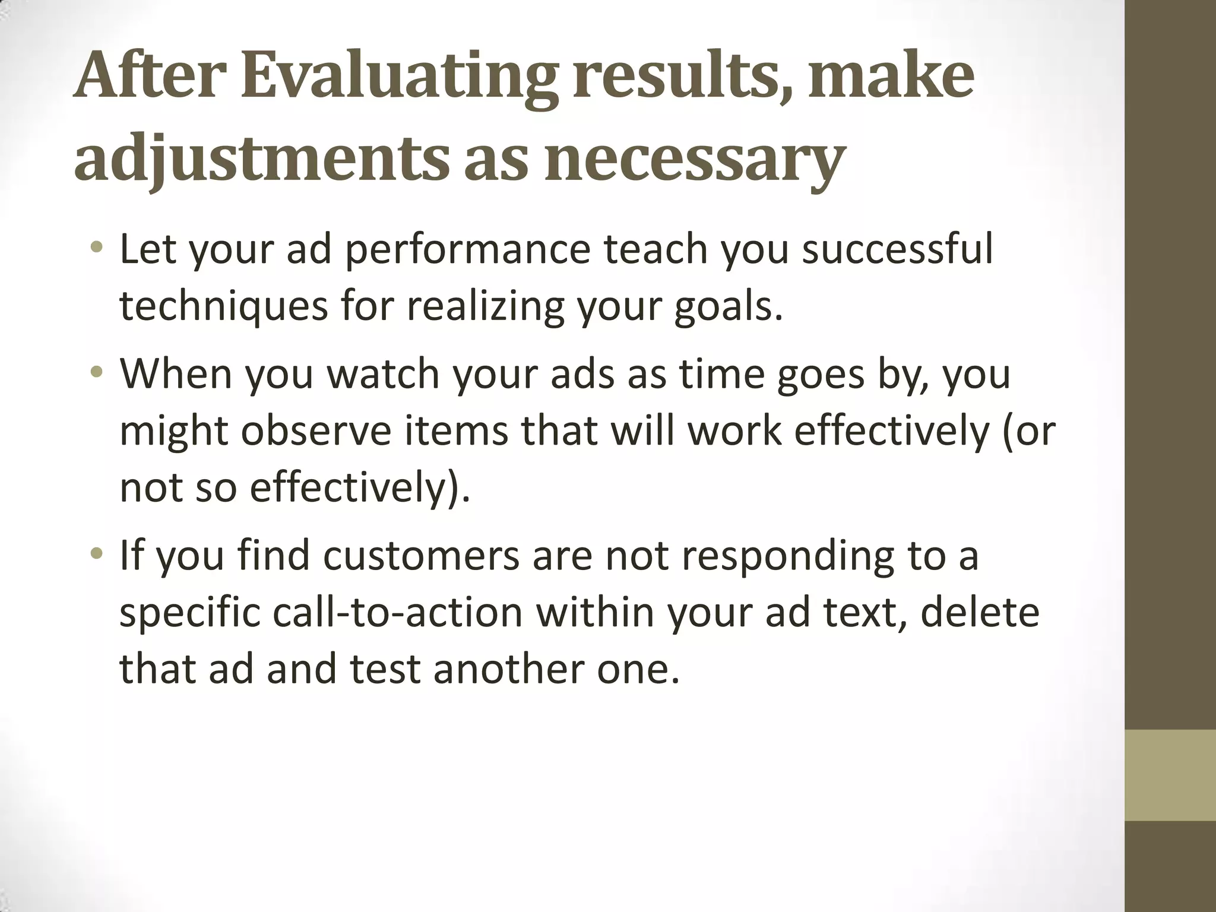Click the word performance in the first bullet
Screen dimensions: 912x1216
[467, 251]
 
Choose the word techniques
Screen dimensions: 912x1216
[223, 308]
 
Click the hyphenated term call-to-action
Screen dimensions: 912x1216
[398, 613]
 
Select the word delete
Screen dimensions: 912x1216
[980, 613]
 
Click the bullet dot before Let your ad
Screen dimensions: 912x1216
[98, 247]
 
